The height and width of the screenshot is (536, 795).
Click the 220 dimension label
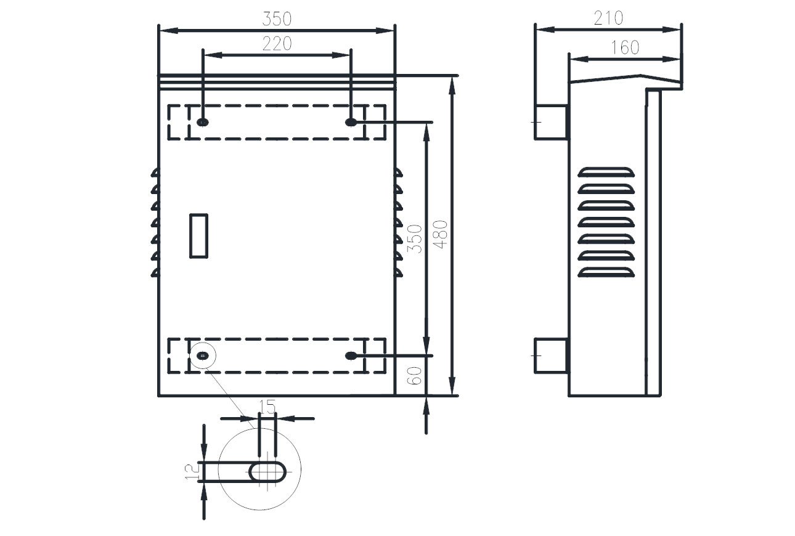(x=277, y=44)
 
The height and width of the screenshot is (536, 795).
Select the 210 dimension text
(x=608, y=18)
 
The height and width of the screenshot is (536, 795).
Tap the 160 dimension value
(x=625, y=47)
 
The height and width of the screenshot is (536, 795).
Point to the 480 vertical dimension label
(x=441, y=234)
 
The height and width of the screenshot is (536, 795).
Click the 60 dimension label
(x=414, y=376)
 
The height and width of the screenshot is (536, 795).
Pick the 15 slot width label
(x=267, y=407)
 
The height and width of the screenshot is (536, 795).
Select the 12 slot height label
(x=192, y=471)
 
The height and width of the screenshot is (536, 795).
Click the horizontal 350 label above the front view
(x=277, y=19)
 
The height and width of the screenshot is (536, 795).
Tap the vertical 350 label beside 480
(x=415, y=238)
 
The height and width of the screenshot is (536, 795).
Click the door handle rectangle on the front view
(x=198, y=236)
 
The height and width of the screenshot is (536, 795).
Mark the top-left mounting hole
(x=203, y=123)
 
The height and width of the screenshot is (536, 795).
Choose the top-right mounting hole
(x=351, y=123)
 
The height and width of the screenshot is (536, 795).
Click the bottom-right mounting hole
(x=351, y=355)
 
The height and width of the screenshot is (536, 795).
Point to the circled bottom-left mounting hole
(x=203, y=355)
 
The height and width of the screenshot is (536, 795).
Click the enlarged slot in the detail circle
(x=267, y=472)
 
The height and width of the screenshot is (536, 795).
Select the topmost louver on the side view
(x=606, y=172)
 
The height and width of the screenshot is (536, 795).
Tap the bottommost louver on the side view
(x=606, y=272)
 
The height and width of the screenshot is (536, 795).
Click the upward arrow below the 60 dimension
(x=426, y=415)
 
